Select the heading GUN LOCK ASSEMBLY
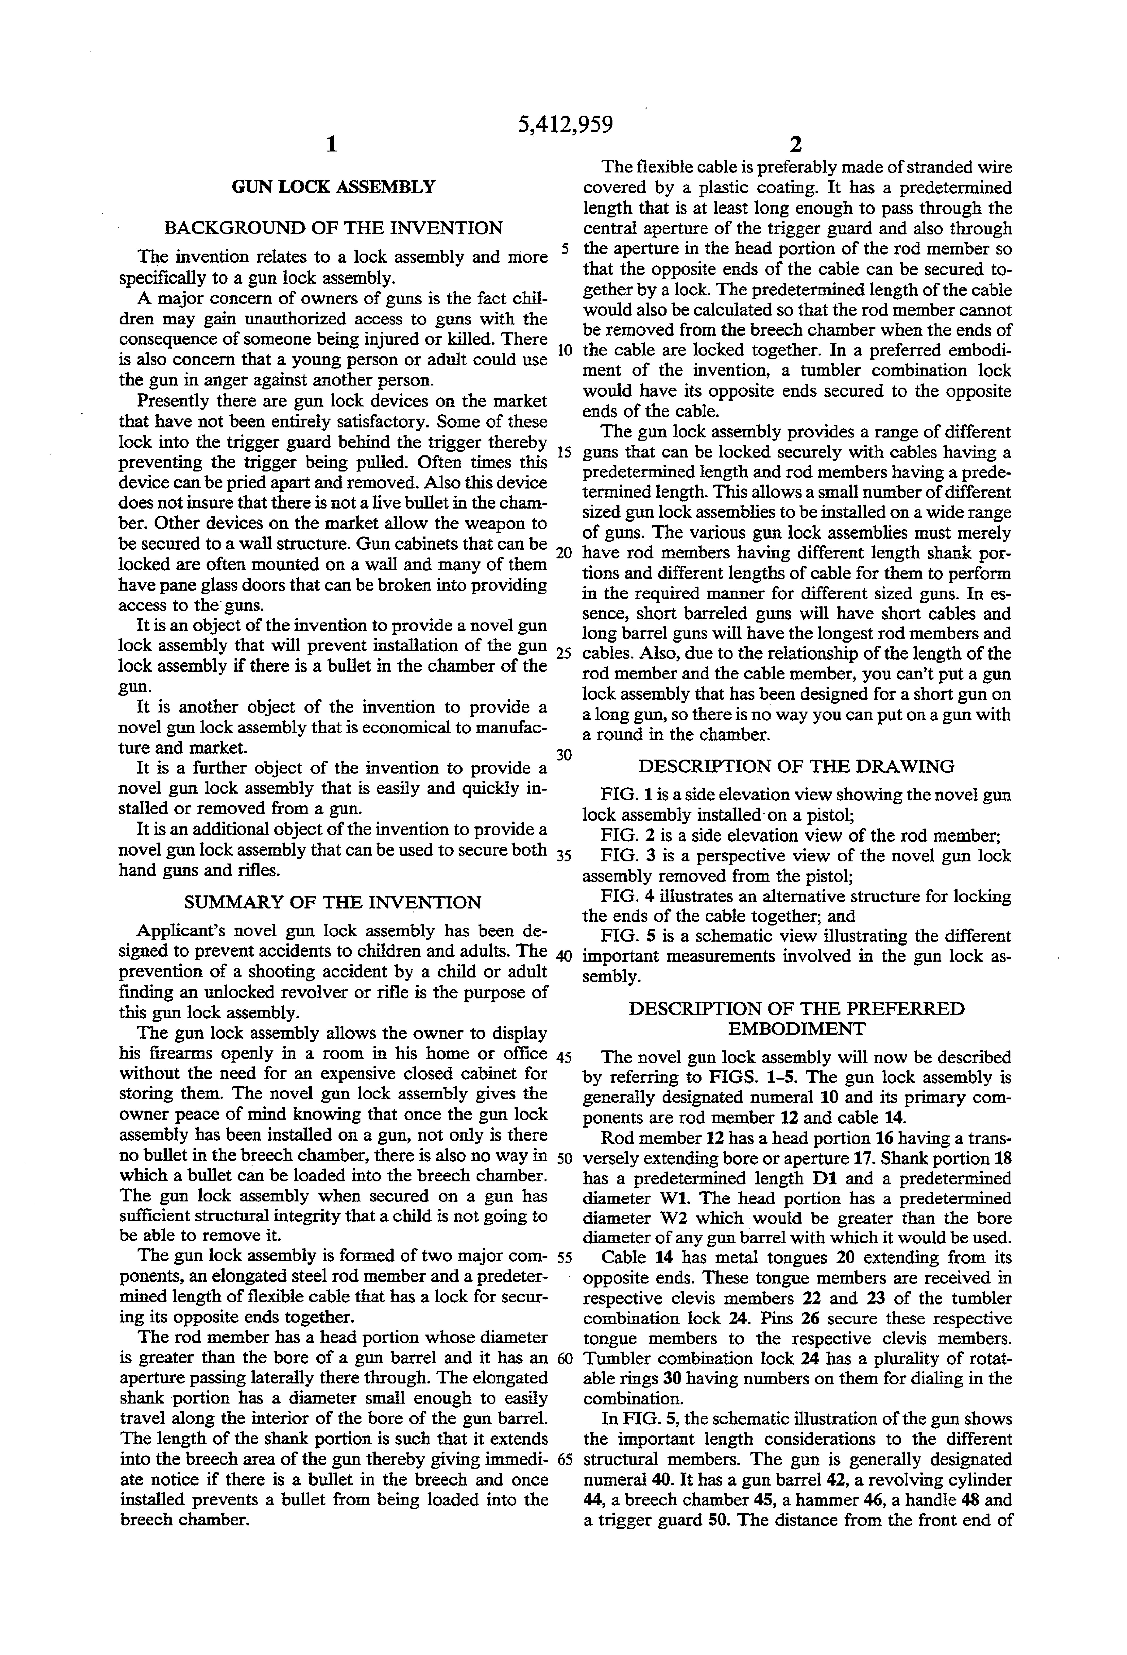(x=333, y=187)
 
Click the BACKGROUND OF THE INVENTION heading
(x=333, y=228)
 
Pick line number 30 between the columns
(x=564, y=756)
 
